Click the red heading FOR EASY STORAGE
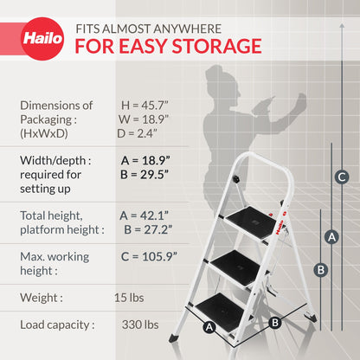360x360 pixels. [x=168, y=46]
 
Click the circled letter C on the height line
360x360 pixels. [x=342, y=177]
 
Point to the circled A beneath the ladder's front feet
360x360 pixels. [x=209, y=327]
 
